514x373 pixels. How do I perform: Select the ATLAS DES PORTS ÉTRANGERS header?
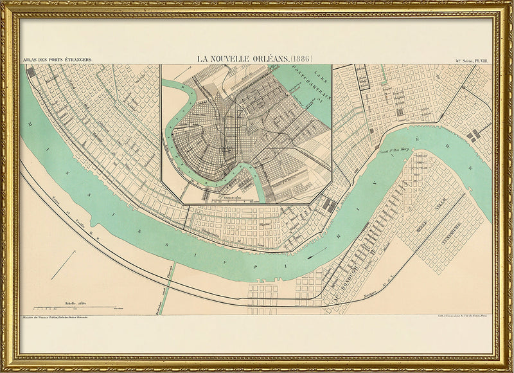[57, 59]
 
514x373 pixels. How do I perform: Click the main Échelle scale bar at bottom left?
[74, 307]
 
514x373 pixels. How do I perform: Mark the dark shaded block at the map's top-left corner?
[31, 72]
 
